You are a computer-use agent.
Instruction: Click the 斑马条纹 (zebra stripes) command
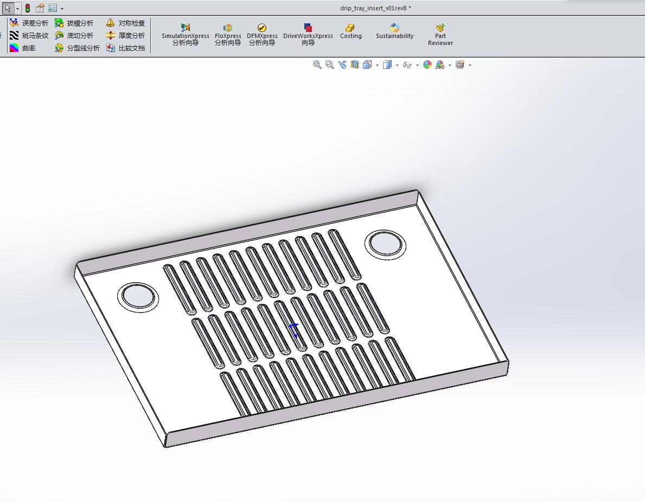(x=29, y=36)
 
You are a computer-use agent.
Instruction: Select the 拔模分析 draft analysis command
(x=74, y=23)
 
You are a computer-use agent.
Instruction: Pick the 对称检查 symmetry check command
(x=126, y=23)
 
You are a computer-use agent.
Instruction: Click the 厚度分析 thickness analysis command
(x=126, y=36)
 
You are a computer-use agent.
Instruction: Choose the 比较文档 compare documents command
(x=126, y=48)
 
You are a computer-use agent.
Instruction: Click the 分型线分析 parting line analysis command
(x=78, y=48)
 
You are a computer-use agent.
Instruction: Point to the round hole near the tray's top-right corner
(x=386, y=243)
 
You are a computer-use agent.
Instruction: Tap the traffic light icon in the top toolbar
(x=28, y=9)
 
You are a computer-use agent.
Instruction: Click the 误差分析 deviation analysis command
(x=29, y=23)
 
